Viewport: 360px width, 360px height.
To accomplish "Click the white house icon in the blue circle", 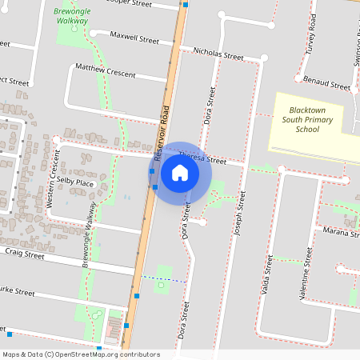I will pyautogui.click(x=180, y=173).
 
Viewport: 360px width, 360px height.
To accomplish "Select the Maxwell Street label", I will pyautogui.click(x=134, y=37).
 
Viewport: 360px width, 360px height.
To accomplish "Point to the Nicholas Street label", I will pyautogui.click(x=218, y=54).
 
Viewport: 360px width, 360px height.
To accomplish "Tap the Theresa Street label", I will pyautogui.click(x=203, y=158).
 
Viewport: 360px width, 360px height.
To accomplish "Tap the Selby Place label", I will pyautogui.click(x=75, y=184).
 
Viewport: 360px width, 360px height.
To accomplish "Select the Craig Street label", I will pyautogui.click(x=24, y=254).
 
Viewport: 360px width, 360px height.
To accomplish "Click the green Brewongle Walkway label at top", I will pyautogui.click(x=73, y=17).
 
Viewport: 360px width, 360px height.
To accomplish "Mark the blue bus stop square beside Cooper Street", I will pyautogui.click(x=186, y=4).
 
